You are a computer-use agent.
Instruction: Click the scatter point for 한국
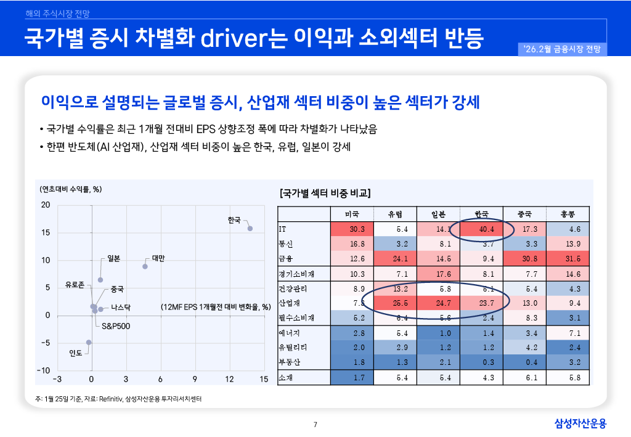(250, 229)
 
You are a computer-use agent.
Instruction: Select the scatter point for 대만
(145, 266)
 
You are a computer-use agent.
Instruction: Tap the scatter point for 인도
(89, 342)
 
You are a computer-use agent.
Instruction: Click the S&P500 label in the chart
(116, 325)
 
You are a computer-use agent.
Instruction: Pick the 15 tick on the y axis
(46, 232)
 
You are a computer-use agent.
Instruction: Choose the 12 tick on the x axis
(229, 378)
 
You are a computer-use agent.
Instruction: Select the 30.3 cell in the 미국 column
(357, 229)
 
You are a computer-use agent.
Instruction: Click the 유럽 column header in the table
(395, 214)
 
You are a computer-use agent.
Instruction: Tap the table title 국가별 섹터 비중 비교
(325, 193)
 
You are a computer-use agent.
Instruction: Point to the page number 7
(315, 424)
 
